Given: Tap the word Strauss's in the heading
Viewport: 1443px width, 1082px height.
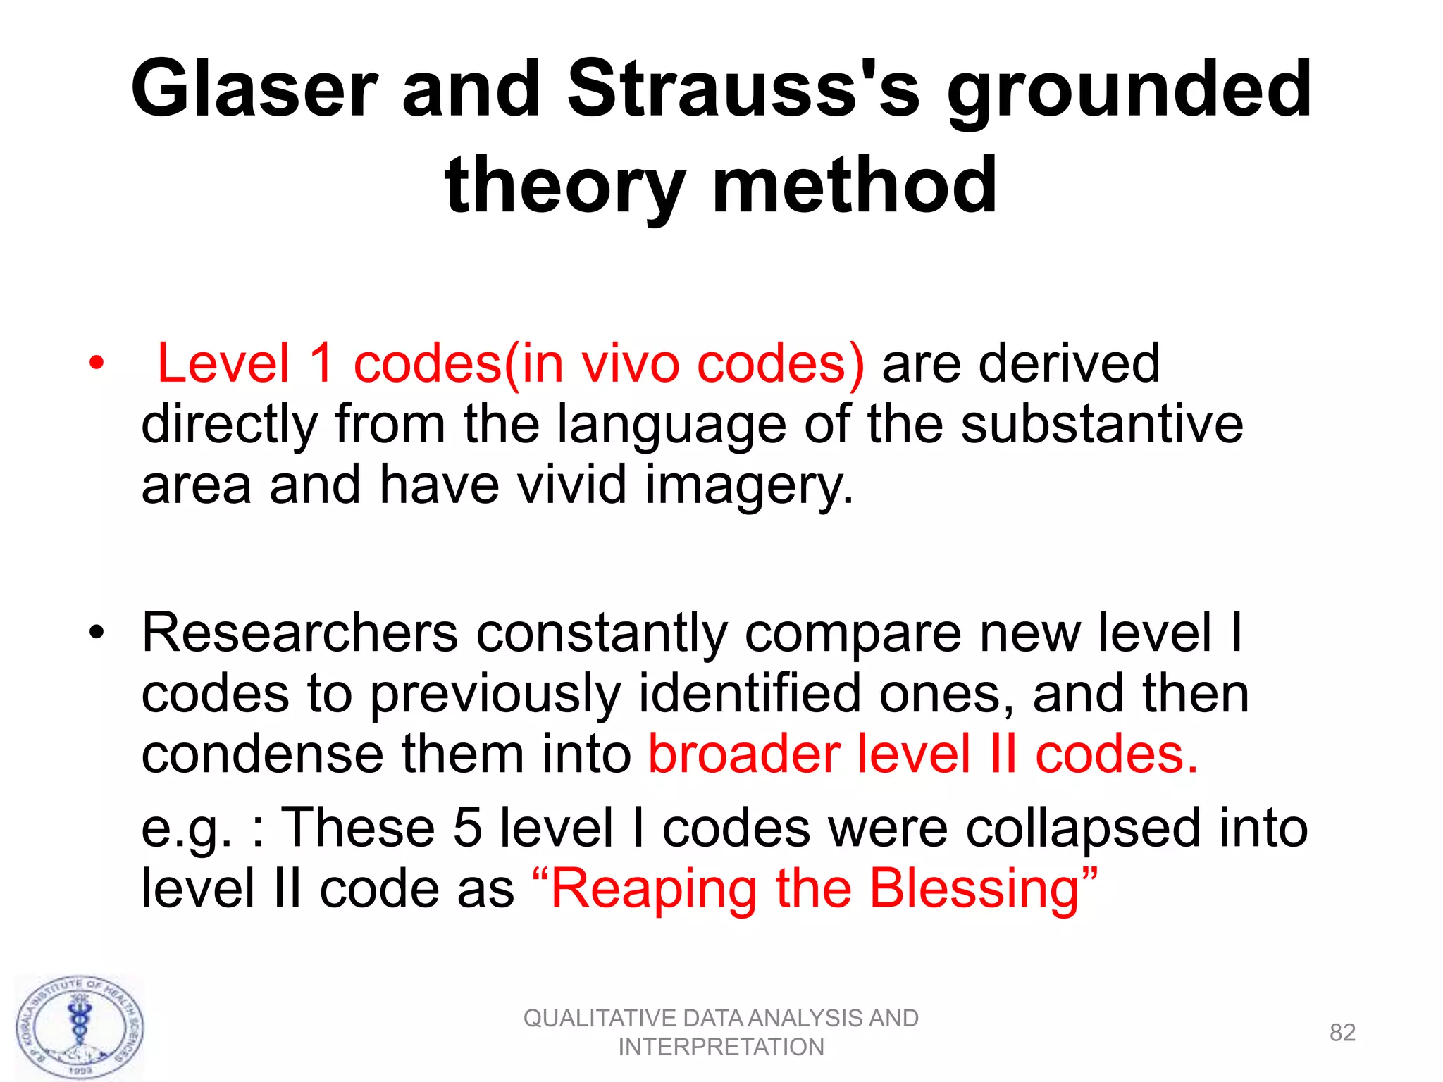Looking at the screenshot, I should coord(743,89).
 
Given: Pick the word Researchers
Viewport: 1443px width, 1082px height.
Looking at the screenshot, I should coord(300,633).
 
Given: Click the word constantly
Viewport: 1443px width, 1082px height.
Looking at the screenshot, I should coord(602,633).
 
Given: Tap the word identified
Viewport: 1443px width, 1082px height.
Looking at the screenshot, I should coord(750,694).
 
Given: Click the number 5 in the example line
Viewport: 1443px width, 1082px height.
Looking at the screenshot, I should coord(467,828).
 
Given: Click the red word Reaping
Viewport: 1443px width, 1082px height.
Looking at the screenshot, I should coord(655,889).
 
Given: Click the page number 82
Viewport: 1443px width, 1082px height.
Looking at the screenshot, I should coord(1342,1033).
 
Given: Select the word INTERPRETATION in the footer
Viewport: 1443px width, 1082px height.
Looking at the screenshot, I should coord(721,1047).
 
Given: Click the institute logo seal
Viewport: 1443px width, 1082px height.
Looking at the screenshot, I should coord(80,1028).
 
